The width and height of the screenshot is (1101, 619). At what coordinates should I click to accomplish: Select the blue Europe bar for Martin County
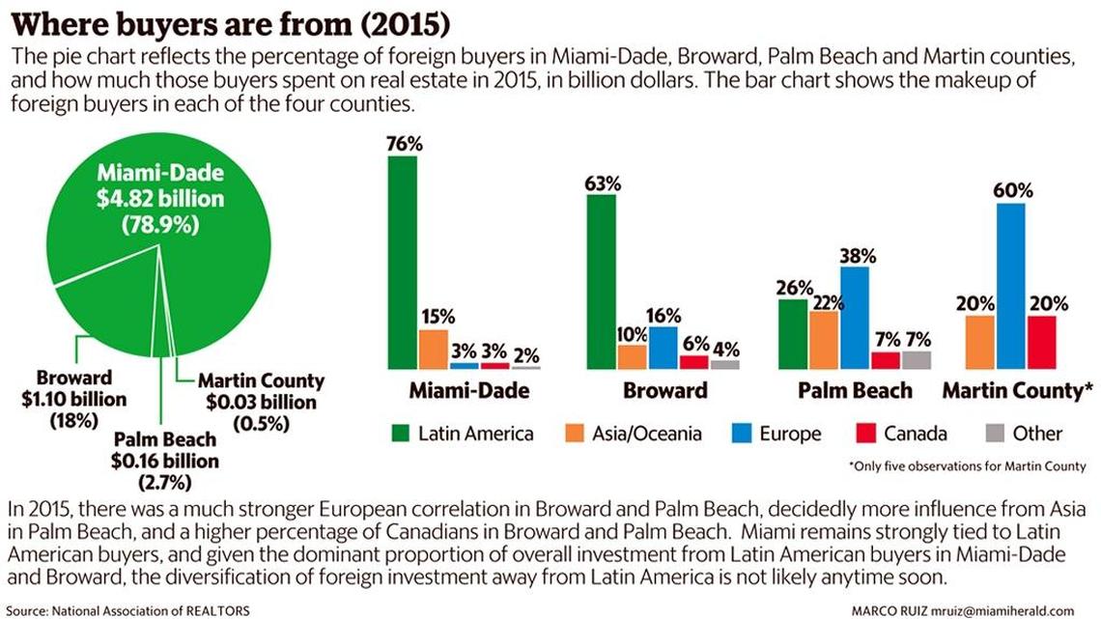[1011, 286]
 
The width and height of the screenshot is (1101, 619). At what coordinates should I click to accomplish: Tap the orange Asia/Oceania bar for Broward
[632, 357]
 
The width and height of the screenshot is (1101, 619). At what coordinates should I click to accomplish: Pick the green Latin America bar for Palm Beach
[792, 334]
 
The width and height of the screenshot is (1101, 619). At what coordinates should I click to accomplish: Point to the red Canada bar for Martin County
[1042, 342]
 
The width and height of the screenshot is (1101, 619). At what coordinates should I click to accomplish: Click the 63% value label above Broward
[602, 183]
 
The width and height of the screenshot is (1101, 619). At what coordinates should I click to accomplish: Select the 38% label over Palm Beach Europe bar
[857, 256]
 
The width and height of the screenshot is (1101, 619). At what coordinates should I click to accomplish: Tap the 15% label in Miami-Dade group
[436, 317]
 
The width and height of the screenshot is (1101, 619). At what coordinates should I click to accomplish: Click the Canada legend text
[915, 434]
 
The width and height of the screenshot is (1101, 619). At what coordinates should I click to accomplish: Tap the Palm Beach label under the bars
[856, 391]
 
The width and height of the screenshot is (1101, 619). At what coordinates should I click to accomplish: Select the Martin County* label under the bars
[1017, 391]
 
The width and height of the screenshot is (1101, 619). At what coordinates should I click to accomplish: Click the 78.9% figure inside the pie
[160, 225]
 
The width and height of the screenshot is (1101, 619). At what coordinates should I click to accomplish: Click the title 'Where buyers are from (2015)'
[229, 21]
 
